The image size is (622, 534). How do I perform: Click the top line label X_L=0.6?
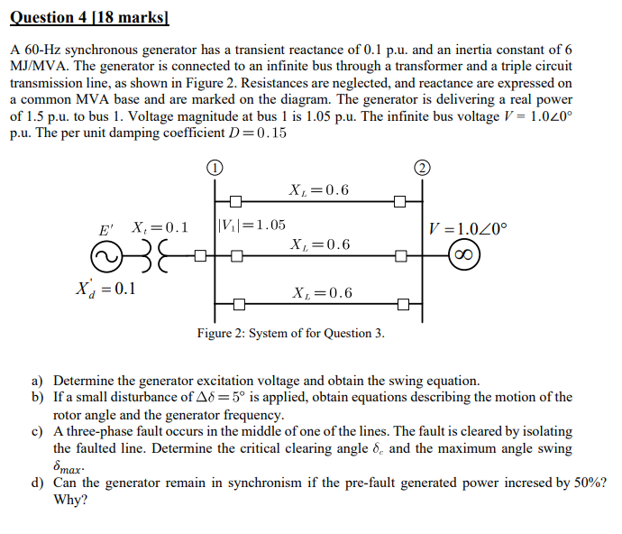point(319,190)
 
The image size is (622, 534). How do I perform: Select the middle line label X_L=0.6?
point(321,245)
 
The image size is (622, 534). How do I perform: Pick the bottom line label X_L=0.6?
point(323,293)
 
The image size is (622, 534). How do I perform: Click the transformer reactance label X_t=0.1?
point(160,226)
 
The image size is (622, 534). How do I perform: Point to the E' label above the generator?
point(108,228)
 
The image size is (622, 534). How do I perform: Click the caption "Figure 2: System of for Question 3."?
point(291,334)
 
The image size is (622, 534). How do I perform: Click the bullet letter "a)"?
point(38,382)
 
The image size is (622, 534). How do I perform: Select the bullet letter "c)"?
point(38,432)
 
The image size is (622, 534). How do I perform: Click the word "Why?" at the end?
point(70,500)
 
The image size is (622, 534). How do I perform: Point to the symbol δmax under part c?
point(69,467)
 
